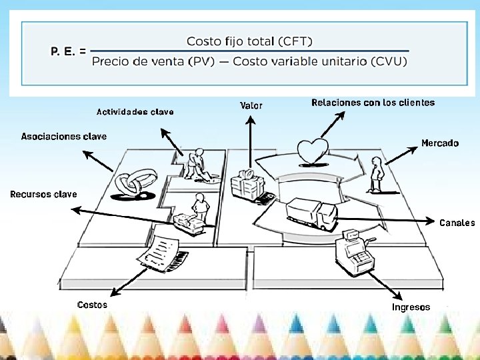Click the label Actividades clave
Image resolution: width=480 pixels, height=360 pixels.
click(135, 112)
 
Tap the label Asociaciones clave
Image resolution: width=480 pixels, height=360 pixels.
click(64, 137)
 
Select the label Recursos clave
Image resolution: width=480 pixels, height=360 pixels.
click(43, 195)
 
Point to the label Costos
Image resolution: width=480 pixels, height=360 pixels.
click(92, 305)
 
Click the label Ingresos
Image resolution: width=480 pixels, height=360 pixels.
click(411, 307)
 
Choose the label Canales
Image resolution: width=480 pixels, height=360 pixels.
click(457, 223)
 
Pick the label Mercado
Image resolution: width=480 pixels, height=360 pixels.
click(440, 143)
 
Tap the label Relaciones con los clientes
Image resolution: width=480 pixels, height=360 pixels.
click(373, 103)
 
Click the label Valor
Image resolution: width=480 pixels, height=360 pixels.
click(251, 105)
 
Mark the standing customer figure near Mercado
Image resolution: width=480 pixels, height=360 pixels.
click(377, 174)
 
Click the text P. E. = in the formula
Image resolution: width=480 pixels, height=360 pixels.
click(68, 51)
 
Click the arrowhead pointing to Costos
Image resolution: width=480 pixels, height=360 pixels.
click(115, 294)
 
